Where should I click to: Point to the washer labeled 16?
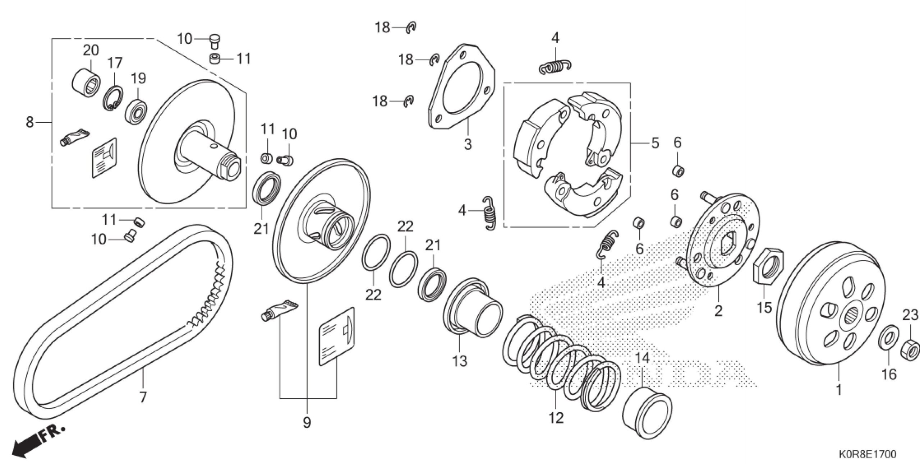pos(888,337)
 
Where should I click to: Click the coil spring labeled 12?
pos(561,362)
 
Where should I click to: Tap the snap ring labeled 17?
pos(114,98)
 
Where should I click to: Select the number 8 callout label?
pos(29,122)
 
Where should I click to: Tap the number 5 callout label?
pos(655,143)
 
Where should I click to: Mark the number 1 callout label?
pos(839,389)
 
